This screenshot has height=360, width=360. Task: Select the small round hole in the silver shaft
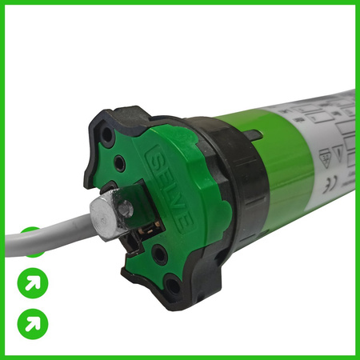point(126,210)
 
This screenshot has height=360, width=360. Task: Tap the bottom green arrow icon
point(33,323)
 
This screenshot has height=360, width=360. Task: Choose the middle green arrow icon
point(33,282)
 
